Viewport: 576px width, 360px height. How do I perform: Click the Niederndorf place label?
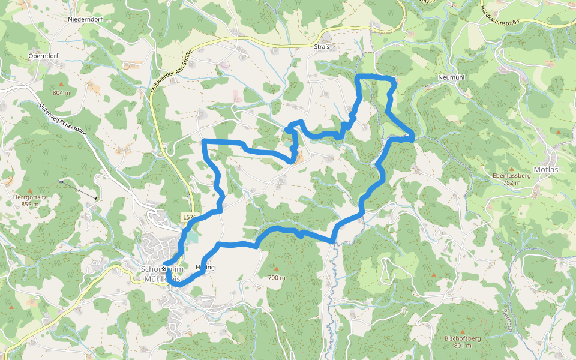pos(83,19)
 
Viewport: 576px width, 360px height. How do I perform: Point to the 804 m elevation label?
pos(61,93)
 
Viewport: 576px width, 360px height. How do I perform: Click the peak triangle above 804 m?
pos(61,83)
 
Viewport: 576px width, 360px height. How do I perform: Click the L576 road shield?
pos(189,217)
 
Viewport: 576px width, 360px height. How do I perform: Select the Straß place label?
pos(322,46)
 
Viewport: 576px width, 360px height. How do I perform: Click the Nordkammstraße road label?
pos(499,17)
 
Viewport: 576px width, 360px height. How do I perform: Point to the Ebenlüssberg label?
pos(511,175)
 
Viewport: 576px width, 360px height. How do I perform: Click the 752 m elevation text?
pos(511,183)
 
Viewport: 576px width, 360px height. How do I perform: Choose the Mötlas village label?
pos(546,169)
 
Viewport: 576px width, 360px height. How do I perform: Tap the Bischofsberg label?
pos(462,339)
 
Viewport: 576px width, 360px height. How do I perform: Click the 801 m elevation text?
pos(462,346)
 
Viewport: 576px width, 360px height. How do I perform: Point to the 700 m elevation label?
pos(276,278)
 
